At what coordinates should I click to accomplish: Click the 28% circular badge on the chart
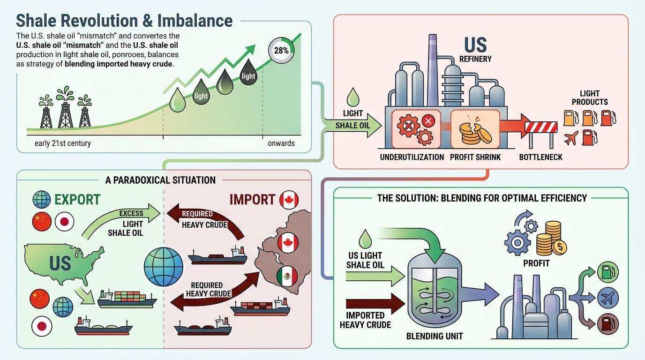(x=280, y=51)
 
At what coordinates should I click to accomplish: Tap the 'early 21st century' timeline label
(x=63, y=143)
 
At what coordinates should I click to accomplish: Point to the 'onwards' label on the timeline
(x=281, y=143)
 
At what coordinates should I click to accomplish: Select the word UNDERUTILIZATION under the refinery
(x=412, y=157)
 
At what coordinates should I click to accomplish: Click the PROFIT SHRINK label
(x=475, y=157)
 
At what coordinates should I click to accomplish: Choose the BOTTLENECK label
(x=540, y=157)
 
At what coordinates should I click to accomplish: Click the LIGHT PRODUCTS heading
(x=590, y=97)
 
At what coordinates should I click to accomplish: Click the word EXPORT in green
(x=77, y=200)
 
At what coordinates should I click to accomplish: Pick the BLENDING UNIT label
(x=435, y=336)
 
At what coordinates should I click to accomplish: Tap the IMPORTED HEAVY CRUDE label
(x=366, y=320)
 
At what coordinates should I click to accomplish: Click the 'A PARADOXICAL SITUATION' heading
(x=160, y=180)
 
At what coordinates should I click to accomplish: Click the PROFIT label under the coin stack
(x=536, y=263)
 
